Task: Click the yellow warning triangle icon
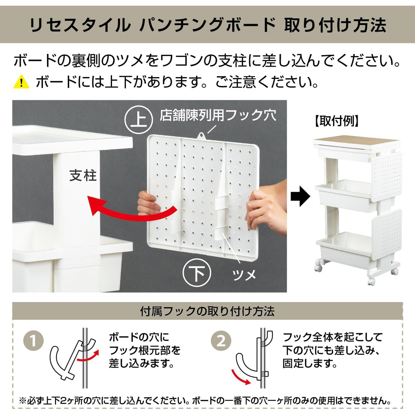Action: pyautogui.click(x=21, y=82)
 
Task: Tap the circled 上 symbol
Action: pyautogui.click(x=139, y=120)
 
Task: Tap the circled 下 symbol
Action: pyautogui.click(x=197, y=273)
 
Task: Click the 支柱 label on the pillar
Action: pyautogui.click(x=83, y=175)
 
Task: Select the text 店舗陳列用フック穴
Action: pyautogui.click(x=218, y=115)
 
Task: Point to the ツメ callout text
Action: pyautogui.click(x=244, y=275)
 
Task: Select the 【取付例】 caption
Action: pyautogui.click(x=337, y=121)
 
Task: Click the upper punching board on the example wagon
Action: pyautogui.click(x=387, y=176)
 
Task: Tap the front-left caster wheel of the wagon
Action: pyautogui.click(x=318, y=267)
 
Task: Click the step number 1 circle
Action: pyautogui.click(x=34, y=341)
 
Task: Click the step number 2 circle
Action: pyautogui.click(x=221, y=341)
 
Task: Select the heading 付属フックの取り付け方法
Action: pyautogui.click(x=207, y=311)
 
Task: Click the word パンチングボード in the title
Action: pyautogui.click(x=207, y=25)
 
